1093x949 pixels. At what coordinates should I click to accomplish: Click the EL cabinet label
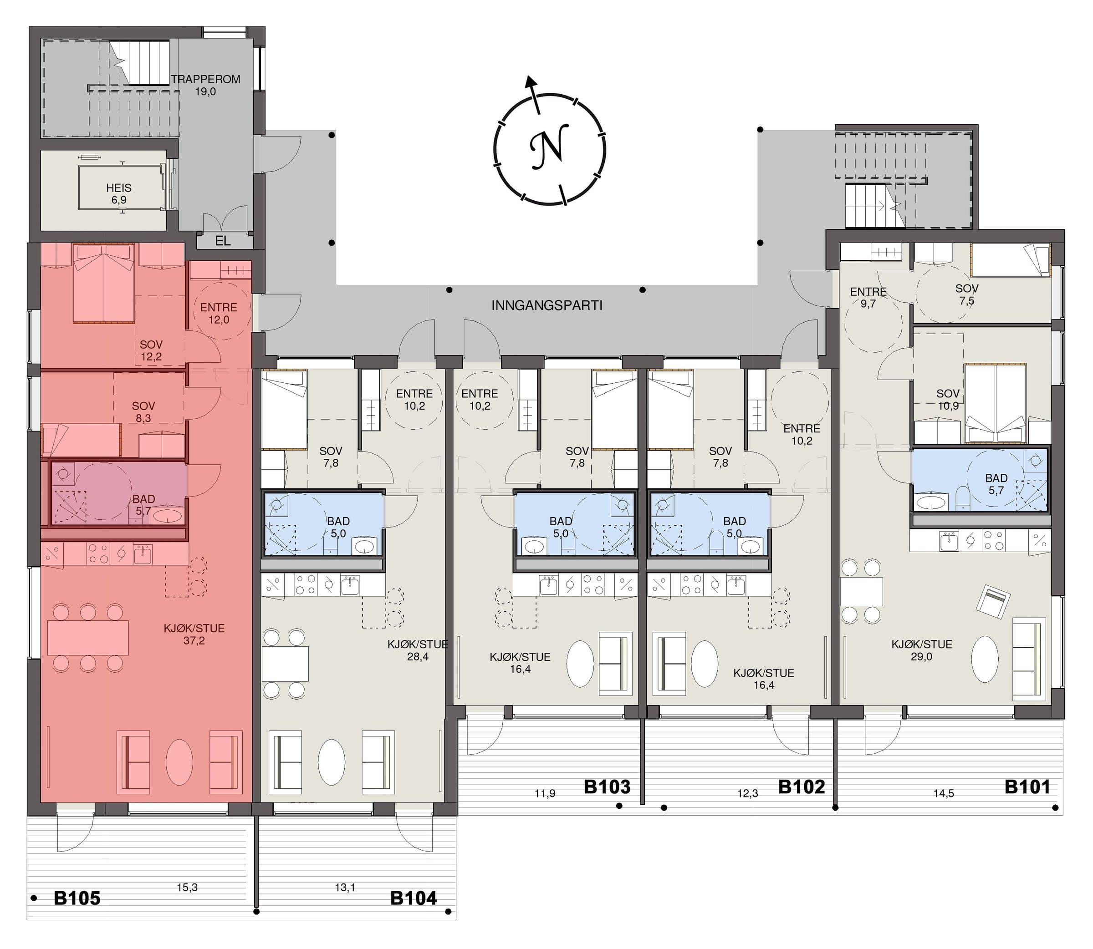tap(223, 241)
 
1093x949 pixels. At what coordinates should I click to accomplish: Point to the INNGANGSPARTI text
tap(547, 305)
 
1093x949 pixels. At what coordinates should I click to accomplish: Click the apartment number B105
tap(77, 898)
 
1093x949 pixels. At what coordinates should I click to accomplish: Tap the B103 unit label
tap(607, 787)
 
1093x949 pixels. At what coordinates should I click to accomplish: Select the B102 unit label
tap(801, 787)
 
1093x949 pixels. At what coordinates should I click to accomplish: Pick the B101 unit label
tap(1027, 787)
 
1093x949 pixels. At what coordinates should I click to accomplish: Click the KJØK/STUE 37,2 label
tap(194, 634)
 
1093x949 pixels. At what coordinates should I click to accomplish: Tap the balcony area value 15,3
tap(187, 888)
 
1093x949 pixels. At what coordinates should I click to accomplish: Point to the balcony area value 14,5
tap(944, 793)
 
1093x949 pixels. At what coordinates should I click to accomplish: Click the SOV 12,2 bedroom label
tap(151, 350)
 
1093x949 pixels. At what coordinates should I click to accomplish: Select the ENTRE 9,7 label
tap(868, 298)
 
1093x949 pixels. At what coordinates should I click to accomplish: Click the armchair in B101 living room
tap(993, 602)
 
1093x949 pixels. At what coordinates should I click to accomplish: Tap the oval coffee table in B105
tap(179, 762)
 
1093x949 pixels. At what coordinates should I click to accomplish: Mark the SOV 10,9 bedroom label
tap(948, 400)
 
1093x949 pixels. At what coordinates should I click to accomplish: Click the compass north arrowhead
tap(529, 81)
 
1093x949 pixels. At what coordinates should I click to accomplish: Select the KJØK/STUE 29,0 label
tap(922, 650)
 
